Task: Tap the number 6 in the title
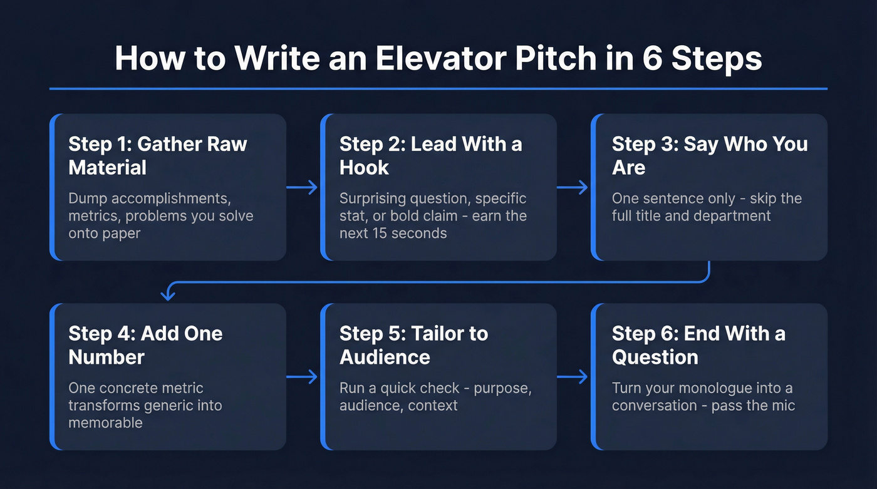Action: tap(657, 58)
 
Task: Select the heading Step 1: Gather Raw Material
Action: tap(158, 155)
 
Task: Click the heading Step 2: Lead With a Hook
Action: tap(430, 155)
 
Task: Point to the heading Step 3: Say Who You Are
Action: tap(709, 155)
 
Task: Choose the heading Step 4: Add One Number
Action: tap(145, 345)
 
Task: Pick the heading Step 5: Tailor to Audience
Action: tap(413, 345)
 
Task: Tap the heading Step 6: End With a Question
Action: tap(698, 345)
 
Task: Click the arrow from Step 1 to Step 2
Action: tap(303, 187)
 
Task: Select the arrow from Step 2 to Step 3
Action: tap(573, 187)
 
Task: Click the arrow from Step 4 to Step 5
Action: tap(303, 377)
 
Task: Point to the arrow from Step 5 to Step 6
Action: tap(573, 377)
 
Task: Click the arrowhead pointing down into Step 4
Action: tap(166, 294)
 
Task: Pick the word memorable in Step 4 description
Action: tap(105, 423)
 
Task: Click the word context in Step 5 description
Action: tap(433, 405)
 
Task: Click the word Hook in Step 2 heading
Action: tap(364, 168)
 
